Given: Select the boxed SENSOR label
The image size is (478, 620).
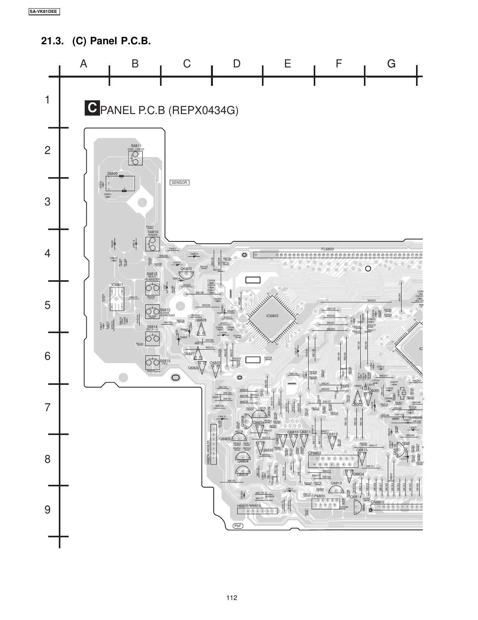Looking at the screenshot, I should (180, 183).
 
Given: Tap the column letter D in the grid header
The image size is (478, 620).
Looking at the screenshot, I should (236, 63).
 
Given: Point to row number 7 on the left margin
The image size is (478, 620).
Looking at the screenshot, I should (47, 408).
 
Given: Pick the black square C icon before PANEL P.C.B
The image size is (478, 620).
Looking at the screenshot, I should (92, 108).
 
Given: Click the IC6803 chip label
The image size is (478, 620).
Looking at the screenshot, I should (272, 315).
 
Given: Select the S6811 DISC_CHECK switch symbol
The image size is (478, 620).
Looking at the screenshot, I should (135, 158).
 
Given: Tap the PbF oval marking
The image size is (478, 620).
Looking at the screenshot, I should (238, 526).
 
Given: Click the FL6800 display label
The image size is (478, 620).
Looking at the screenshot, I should (327, 249).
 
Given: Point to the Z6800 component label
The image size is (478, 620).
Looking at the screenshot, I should (112, 174).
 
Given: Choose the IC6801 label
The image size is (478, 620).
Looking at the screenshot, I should (117, 285).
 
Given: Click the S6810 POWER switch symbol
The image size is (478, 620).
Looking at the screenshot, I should (152, 245).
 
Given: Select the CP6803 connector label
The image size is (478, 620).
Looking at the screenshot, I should (314, 453).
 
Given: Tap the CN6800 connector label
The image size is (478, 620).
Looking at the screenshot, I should (377, 502).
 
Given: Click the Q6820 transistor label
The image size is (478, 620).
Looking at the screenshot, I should (186, 269).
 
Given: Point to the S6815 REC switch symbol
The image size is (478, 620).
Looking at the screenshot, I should (152, 363).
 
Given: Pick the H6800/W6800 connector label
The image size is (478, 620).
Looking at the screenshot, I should (249, 506).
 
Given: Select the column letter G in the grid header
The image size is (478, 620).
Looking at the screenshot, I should (391, 63).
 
